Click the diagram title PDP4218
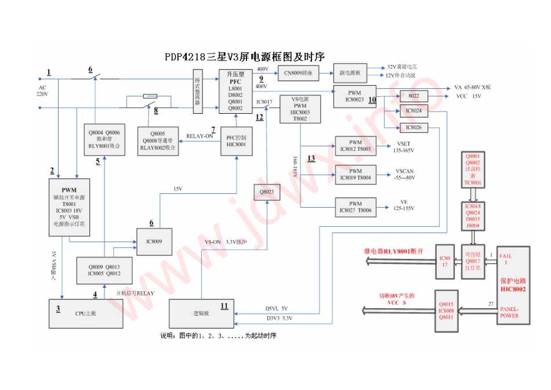[x=244, y=56]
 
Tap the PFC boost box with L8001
[x=235, y=91]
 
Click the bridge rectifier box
[x=197, y=91]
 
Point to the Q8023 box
[x=266, y=192]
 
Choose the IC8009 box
[x=154, y=240]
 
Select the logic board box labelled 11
[x=201, y=313]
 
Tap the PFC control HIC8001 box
[x=237, y=141]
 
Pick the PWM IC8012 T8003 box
[x=356, y=145]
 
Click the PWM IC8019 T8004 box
[x=356, y=174]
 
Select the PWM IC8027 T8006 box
[x=356, y=207]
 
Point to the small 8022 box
[x=414, y=96]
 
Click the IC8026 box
[x=414, y=127]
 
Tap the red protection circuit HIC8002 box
[x=513, y=285]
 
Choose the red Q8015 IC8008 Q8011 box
[x=445, y=310]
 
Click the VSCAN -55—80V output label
[x=405, y=175]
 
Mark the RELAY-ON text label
[x=200, y=136]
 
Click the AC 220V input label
[x=42, y=91]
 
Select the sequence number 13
[x=311, y=158]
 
